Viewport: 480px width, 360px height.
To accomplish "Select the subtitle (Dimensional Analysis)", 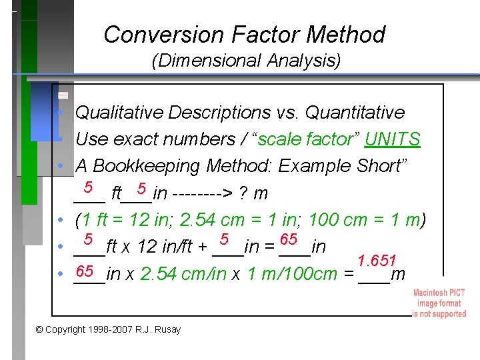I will click(x=246, y=61).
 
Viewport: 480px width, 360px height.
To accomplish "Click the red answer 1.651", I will click(x=377, y=260).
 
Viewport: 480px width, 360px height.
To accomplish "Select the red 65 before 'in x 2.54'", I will click(x=85, y=271).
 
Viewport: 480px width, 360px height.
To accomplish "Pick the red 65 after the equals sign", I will click(x=289, y=239).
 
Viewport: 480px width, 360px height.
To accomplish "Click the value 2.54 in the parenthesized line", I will click(x=193, y=219).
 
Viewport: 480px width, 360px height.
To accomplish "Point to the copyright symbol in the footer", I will click(x=39, y=329).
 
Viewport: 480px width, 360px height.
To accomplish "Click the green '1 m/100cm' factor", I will click(x=293, y=273).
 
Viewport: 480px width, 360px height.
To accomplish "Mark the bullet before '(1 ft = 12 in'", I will click(x=60, y=220).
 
